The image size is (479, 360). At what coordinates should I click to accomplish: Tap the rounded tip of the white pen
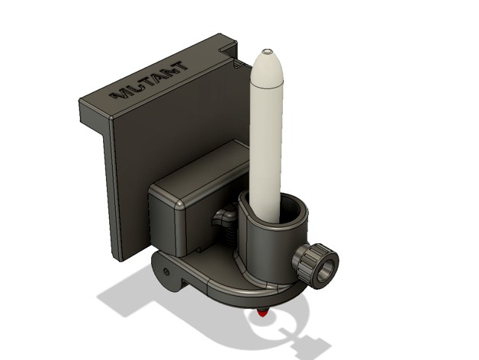(x=268, y=56)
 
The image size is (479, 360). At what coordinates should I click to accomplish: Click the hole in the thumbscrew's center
(x=326, y=268)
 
